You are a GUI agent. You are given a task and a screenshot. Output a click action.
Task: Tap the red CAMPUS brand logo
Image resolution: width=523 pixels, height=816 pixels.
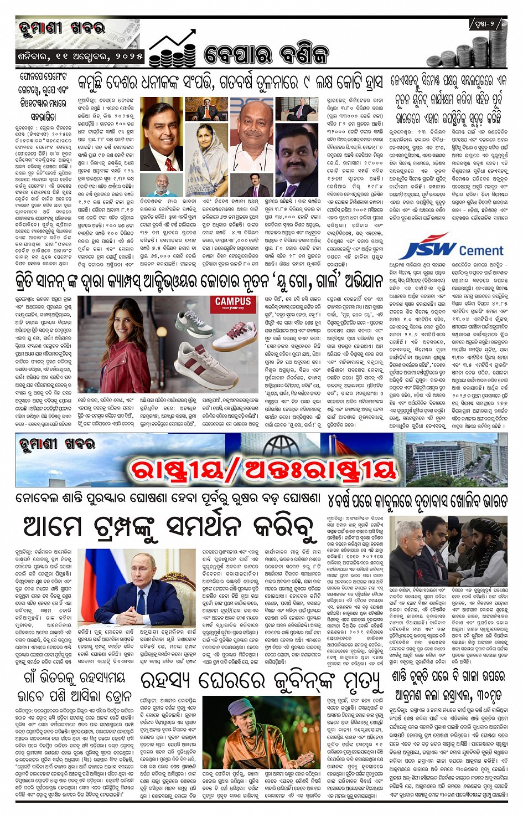pos(232,303)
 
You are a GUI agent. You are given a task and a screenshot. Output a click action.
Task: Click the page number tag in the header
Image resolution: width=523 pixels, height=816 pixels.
pos(487,24)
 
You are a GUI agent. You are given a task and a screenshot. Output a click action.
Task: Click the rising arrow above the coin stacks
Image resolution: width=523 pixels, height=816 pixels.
pos(172,43)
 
